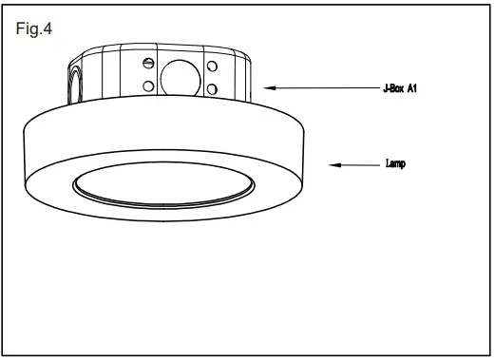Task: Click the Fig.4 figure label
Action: pos(34,28)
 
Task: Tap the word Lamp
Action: pos(395,164)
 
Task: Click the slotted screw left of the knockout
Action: pos(147,64)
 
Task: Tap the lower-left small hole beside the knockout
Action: pos(148,87)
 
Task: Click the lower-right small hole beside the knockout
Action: pos(211,89)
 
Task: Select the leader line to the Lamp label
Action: pos(356,164)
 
